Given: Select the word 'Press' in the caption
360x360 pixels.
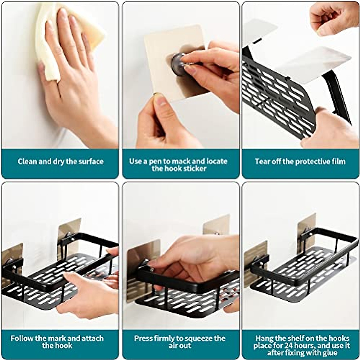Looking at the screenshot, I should pyautogui.click(x=143, y=338).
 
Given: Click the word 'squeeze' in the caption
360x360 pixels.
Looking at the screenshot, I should pyautogui.click(x=199, y=338).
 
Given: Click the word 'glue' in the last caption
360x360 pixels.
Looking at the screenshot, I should pyautogui.click(x=329, y=352).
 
